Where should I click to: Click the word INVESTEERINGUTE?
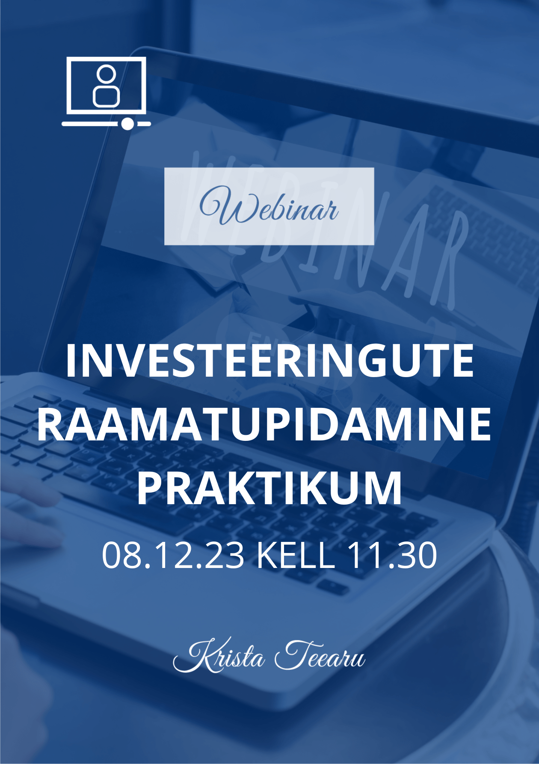pos(269,360)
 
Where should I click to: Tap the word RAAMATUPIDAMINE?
pos(265,424)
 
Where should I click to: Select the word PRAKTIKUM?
pos(269,488)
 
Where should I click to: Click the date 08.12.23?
pos(173,556)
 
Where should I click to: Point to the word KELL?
pos(296,556)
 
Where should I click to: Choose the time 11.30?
pos(392,556)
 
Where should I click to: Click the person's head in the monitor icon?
pos(106,74)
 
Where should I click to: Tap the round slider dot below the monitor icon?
pos(127,124)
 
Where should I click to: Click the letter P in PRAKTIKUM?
pos(149,488)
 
